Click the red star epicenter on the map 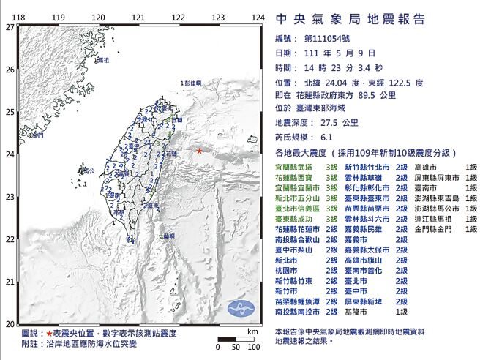[x=200, y=151]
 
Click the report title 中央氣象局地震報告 [x=349, y=19]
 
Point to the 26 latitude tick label [x=10, y=70]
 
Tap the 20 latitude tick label [x=10, y=323]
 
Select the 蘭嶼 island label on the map [x=168, y=236]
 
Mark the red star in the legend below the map [x=49, y=333]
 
